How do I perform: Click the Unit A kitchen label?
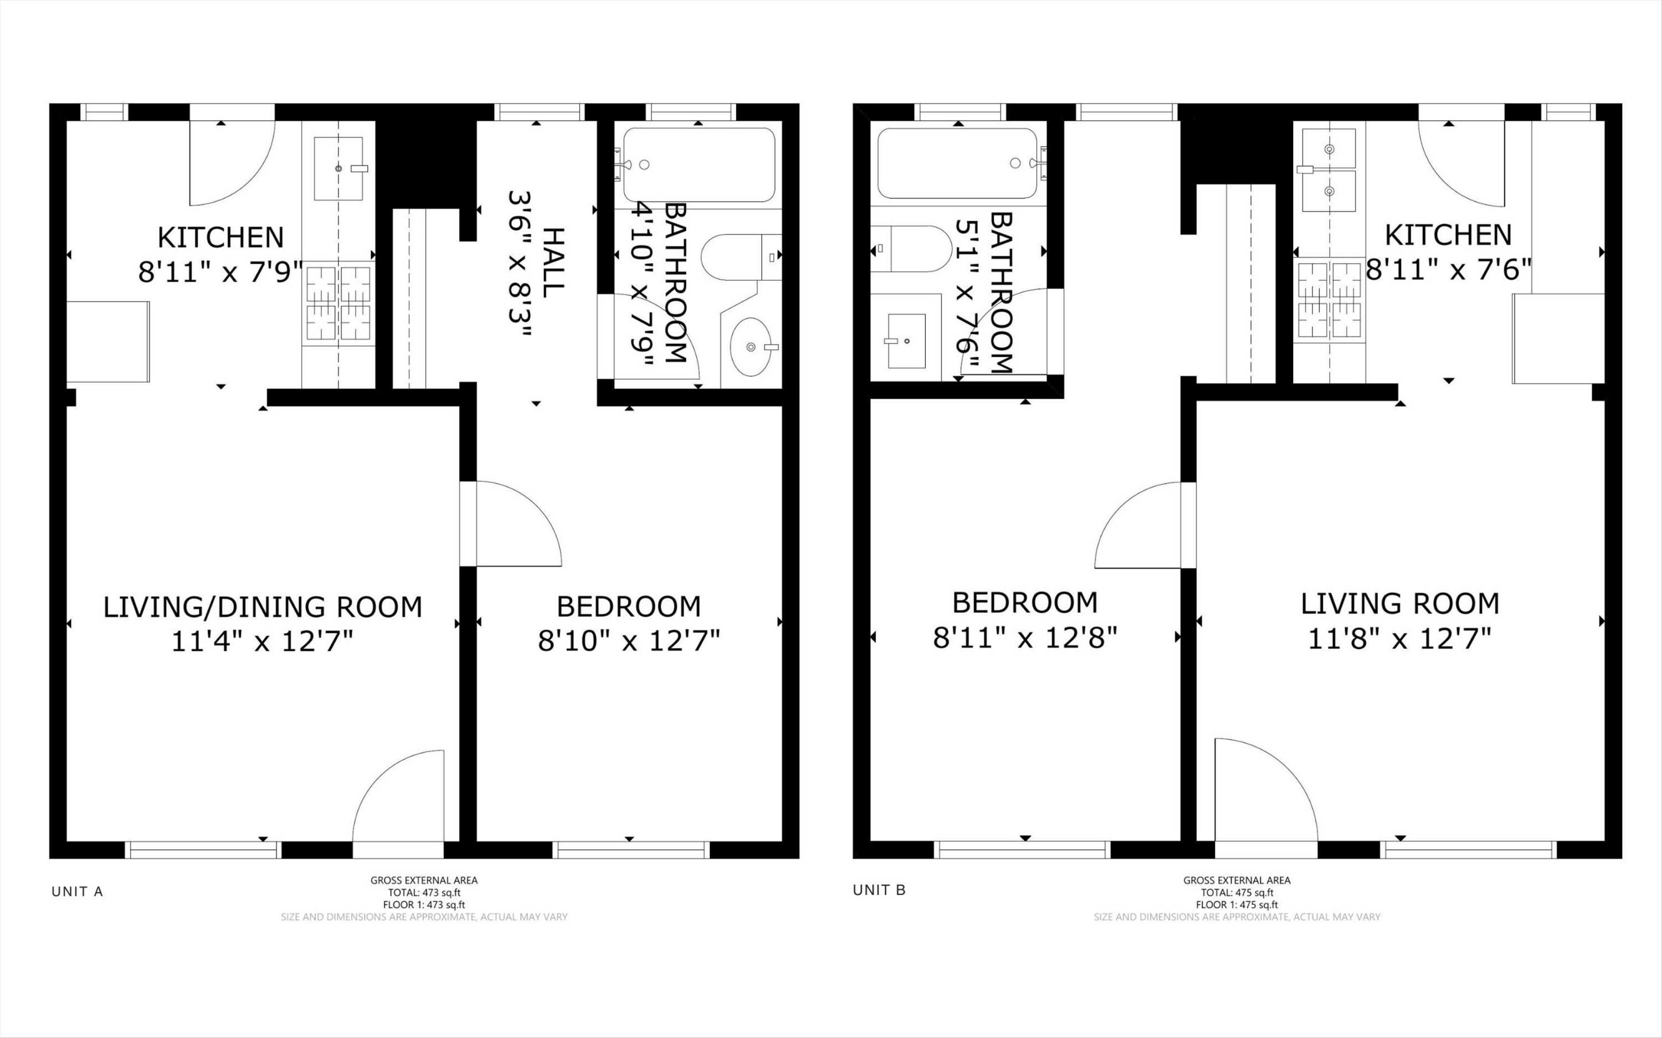[220, 238]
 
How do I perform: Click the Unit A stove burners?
[338, 303]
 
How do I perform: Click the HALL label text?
[553, 263]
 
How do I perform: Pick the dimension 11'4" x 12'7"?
[261, 642]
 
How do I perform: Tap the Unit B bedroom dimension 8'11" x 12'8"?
[1025, 638]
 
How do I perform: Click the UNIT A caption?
[77, 892]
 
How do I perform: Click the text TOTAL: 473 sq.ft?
[424, 892]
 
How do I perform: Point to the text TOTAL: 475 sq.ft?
[1237, 892]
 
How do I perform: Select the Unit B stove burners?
[1330, 300]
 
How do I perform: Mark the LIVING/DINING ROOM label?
[262, 608]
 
